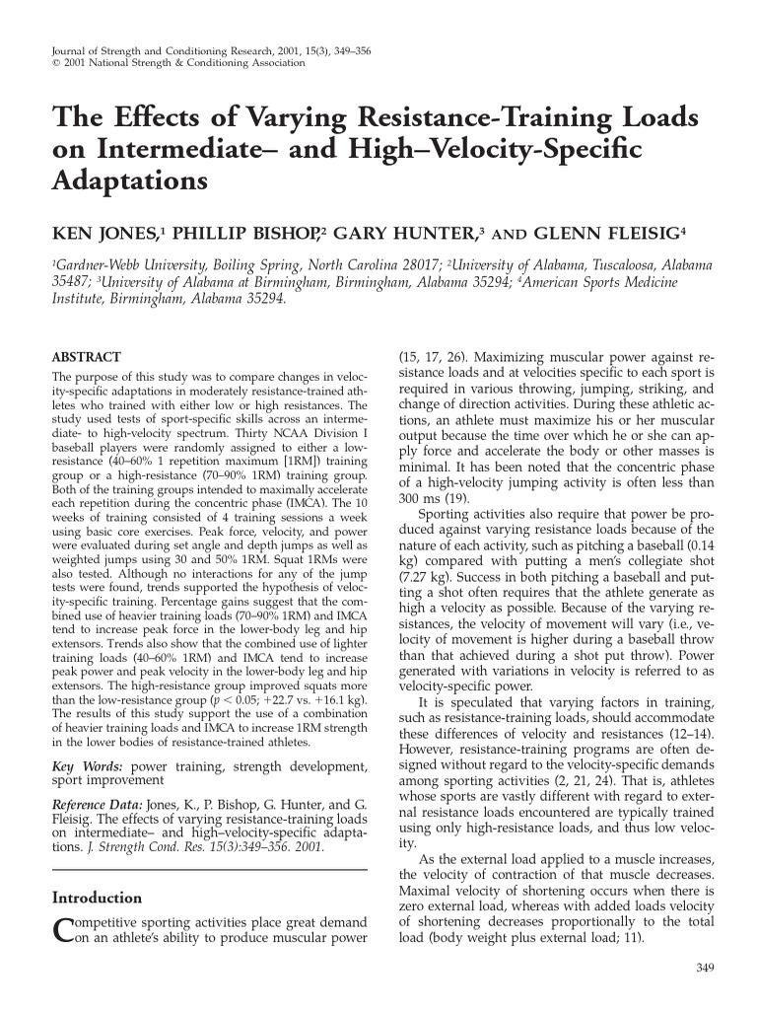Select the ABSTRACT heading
click(86, 357)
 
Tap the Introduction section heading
click(96, 898)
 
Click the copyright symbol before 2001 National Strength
click(56, 64)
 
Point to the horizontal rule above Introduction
click(209, 869)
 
